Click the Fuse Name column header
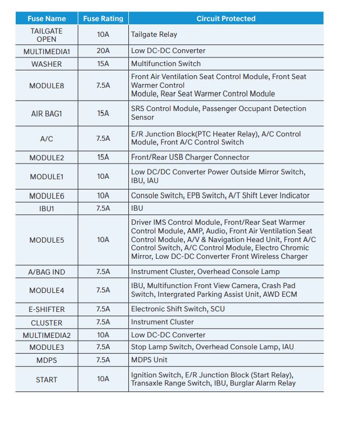(47, 18)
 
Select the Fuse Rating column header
(103, 18)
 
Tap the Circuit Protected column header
(226, 18)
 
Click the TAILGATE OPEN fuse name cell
(47, 35)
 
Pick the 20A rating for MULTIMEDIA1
(103, 51)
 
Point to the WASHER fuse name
(47, 64)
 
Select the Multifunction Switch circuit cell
(166, 64)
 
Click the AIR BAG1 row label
(47, 113)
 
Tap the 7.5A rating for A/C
(103, 139)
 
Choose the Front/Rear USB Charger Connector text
(190, 158)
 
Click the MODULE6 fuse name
(47, 195)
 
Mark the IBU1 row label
(47, 208)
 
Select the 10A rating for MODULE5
(103, 239)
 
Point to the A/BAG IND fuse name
(47, 272)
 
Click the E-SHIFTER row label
(47, 309)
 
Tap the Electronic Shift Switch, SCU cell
(178, 309)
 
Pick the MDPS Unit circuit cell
(149, 360)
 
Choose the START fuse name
(47, 380)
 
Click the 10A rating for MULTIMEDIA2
(103, 335)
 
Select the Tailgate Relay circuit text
(154, 35)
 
